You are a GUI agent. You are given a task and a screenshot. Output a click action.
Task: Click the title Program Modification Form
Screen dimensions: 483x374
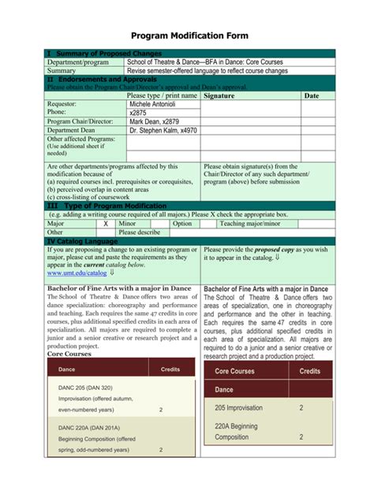click(189, 35)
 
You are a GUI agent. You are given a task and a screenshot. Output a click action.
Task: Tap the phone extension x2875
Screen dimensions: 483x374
click(138, 113)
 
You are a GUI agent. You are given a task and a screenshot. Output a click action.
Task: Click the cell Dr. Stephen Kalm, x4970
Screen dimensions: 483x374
click(163, 131)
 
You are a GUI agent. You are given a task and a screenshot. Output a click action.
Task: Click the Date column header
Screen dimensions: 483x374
click(312, 95)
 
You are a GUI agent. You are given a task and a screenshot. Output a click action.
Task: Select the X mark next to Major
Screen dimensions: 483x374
click(106, 224)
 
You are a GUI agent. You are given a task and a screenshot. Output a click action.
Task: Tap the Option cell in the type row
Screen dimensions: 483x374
click(182, 224)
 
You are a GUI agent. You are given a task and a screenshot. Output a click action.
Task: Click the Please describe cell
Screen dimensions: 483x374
click(140, 232)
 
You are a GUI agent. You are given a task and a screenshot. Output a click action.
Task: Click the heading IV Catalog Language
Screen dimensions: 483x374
click(83, 241)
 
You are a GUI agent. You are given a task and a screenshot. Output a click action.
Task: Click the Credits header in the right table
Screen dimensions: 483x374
click(310, 370)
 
